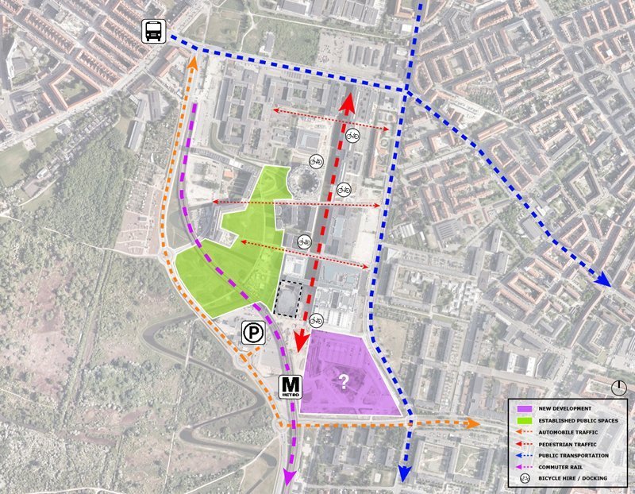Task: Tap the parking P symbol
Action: tap(253, 334)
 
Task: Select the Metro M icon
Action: tap(289, 387)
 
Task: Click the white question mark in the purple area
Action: tap(344, 382)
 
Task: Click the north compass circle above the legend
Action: tap(619, 388)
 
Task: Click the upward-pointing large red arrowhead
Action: tap(348, 104)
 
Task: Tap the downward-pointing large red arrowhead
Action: tap(301, 342)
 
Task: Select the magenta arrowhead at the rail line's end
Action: tap(288, 477)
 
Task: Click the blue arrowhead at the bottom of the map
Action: tap(404, 474)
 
